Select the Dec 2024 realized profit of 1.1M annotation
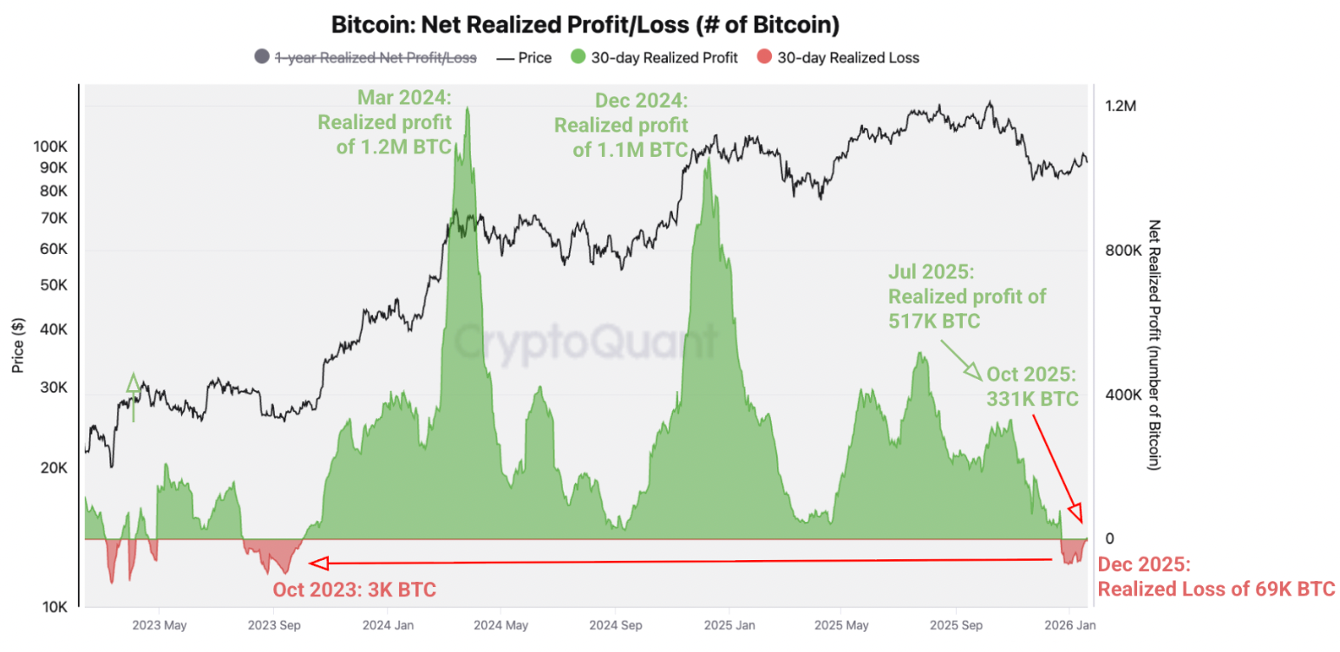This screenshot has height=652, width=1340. coord(621,126)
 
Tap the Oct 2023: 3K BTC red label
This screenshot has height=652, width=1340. coord(354,590)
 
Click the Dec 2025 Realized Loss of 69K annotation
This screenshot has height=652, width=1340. coord(1216,577)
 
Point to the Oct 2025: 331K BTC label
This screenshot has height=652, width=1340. coord(1030,388)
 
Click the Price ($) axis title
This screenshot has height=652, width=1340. coord(19,345)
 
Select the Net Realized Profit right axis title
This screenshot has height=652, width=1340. coord(1154,345)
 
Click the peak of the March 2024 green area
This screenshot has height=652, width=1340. coord(468,108)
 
